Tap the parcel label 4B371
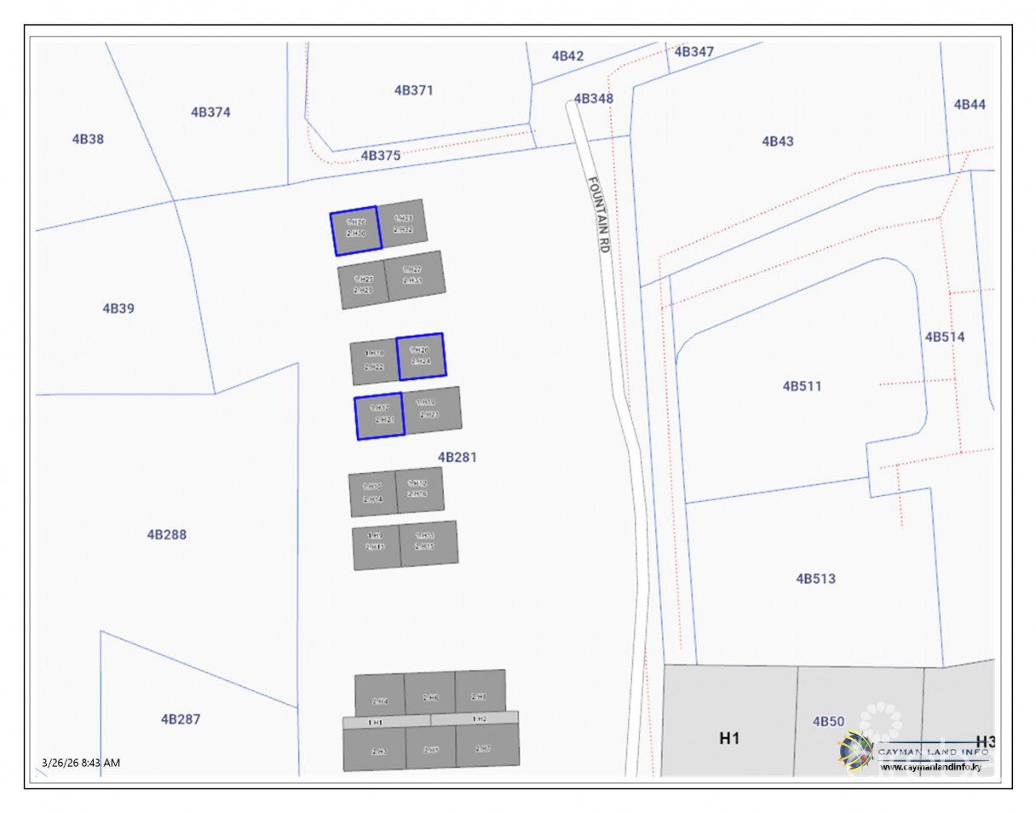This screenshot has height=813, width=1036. click(413, 89)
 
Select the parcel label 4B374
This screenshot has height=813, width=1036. click(210, 112)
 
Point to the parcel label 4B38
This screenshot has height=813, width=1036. click(88, 139)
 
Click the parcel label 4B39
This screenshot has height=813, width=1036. click(118, 308)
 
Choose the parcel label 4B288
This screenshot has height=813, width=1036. click(166, 534)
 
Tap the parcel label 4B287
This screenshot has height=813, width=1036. click(181, 718)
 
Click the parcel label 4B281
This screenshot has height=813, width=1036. click(458, 457)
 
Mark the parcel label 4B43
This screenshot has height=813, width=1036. click(777, 141)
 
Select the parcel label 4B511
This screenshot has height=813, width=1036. click(802, 386)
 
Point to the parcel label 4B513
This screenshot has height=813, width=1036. click(815, 579)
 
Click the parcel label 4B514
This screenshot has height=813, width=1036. click(945, 337)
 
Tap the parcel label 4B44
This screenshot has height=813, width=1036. click(970, 104)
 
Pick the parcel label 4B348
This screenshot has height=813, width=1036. click(593, 98)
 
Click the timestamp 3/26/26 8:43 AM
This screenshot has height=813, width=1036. click(81, 762)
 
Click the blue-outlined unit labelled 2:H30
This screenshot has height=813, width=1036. click(355, 230)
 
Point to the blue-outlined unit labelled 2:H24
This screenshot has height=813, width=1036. click(421, 356)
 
